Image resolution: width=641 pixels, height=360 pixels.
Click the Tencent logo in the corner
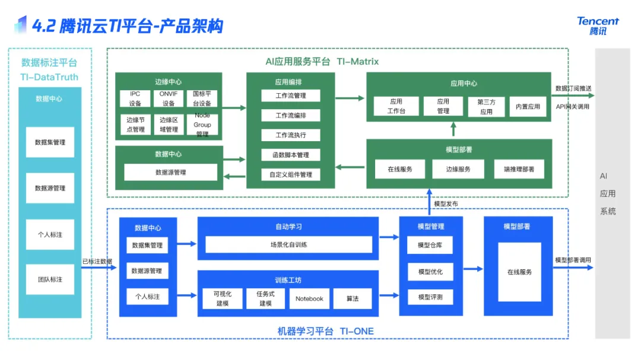click(x=598, y=26)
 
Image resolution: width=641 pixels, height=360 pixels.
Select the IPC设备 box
click(x=135, y=99)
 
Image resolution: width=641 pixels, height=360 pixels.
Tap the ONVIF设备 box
click(x=169, y=99)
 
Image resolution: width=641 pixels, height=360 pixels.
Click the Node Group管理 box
click(x=202, y=125)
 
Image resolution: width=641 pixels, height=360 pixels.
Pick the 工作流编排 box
click(x=291, y=115)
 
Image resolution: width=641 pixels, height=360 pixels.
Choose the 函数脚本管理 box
click(x=291, y=155)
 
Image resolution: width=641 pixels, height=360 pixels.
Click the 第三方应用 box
click(x=486, y=107)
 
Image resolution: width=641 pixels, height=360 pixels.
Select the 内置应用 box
click(x=528, y=107)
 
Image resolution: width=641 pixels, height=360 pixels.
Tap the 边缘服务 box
click(x=459, y=169)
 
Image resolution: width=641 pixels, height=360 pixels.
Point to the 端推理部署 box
click(x=519, y=169)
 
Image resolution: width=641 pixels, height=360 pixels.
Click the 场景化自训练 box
click(x=288, y=244)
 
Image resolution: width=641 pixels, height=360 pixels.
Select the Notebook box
click(x=309, y=298)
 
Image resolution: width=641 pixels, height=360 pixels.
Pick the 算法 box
click(x=353, y=298)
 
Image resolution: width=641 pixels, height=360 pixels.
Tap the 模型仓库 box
click(x=430, y=245)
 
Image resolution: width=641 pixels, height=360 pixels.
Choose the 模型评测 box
click(x=430, y=297)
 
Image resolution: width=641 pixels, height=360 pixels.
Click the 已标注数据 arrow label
click(x=97, y=262)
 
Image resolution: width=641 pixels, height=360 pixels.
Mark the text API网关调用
click(x=573, y=107)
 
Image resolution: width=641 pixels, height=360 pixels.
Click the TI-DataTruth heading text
click(x=49, y=77)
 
